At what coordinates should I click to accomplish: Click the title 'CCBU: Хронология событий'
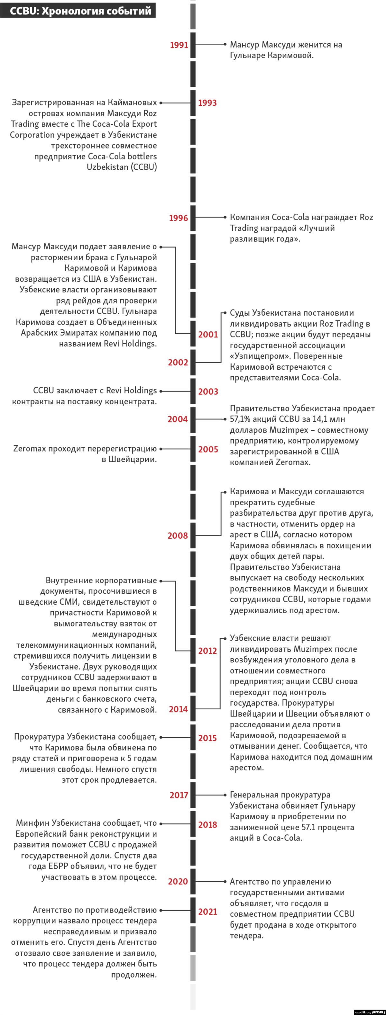coord(80,11)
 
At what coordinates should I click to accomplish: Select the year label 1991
coord(179,45)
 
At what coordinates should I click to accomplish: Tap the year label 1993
coord(207,103)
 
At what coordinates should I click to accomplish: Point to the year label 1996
coord(179,218)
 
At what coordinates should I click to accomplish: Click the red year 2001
coord(208,335)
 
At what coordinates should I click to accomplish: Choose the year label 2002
coord(178,363)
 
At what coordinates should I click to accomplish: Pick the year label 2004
coord(178,419)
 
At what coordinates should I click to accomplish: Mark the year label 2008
coord(178,535)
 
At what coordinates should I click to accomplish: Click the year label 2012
coord(208,651)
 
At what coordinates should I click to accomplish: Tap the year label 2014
coord(178,709)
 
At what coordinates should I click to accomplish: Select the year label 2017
coord(179,795)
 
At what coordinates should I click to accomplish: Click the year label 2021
coord(208,912)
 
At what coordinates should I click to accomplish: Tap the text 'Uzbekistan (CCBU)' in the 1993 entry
coord(122,167)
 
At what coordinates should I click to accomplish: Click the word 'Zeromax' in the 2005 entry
coord(30,449)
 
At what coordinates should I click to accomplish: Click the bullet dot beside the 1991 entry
coord(225,45)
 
